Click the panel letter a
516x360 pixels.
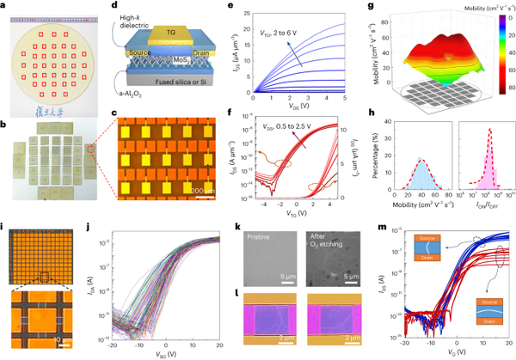coord(6,6)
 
